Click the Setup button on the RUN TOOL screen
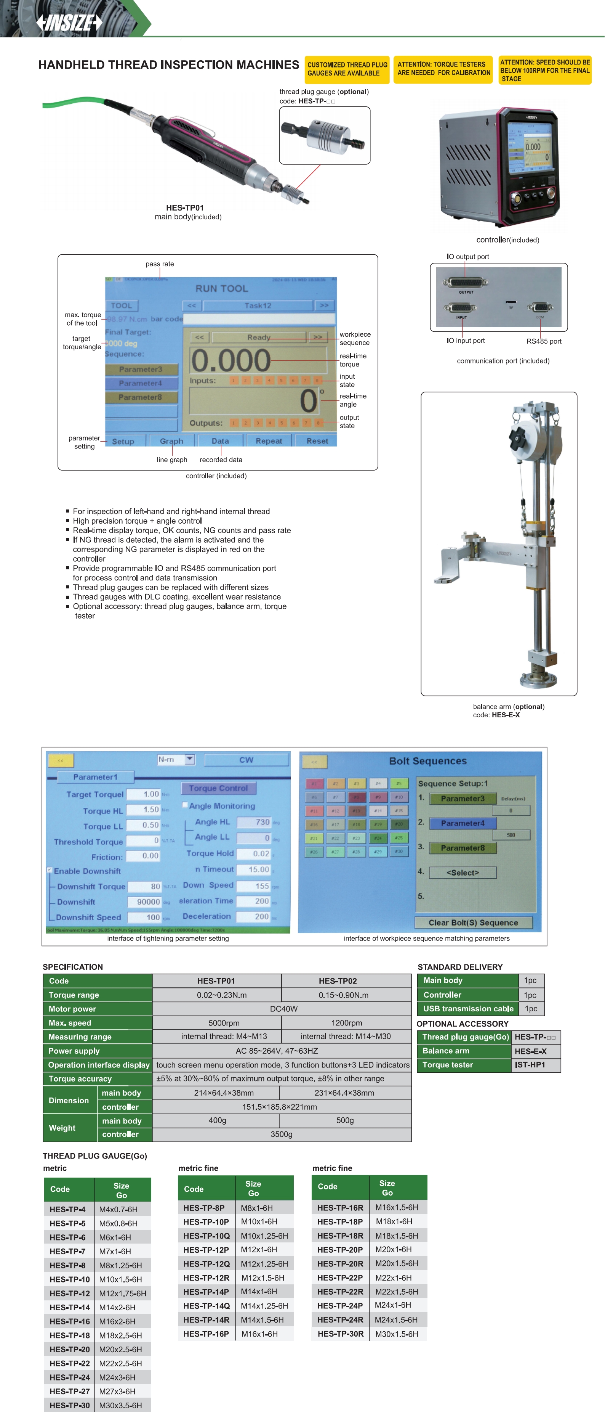click(123, 441)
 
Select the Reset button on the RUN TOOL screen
click(317, 441)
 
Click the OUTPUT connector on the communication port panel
click(466, 281)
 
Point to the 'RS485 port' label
click(544, 341)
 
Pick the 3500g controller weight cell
click(281, 1135)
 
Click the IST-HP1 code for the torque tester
click(530, 1065)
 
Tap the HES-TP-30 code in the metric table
click(70, 1405)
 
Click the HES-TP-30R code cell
click(341, 1334)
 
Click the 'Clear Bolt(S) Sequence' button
click(473, 923)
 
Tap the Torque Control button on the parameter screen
click(218, 788)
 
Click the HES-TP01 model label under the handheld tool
click(185, 208)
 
